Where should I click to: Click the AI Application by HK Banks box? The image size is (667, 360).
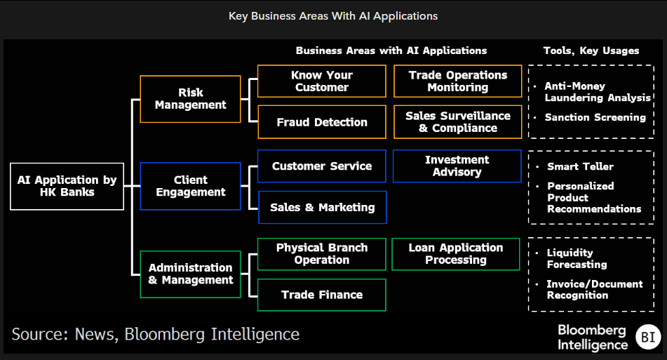(67, 187)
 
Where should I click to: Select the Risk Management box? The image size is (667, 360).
(190, 99)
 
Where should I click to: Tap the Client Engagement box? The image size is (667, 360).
(190, 186)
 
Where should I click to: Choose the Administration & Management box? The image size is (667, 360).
(190, 274)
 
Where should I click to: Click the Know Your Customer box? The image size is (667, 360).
(322, 81)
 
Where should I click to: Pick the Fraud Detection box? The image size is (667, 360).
(322, 122)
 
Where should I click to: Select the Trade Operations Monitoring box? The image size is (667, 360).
(457, 81)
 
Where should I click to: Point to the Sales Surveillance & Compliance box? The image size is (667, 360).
(457, 122)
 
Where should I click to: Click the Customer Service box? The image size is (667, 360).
(322, 166)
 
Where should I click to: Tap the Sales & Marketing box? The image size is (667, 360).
(322, 207)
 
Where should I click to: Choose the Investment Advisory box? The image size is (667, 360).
(457, 166)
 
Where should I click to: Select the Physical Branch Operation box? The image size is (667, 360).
(322, 254)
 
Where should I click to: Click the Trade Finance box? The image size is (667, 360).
(322, 295)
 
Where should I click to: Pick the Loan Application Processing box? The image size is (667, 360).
(457, 254)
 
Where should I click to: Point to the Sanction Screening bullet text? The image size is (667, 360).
(595, 117)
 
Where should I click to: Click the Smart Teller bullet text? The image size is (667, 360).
(580, 166)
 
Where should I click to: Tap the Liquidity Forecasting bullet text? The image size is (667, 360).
(577, 258)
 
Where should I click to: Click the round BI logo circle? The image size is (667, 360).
(647, 337)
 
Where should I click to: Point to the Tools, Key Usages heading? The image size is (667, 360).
(591, 51)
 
